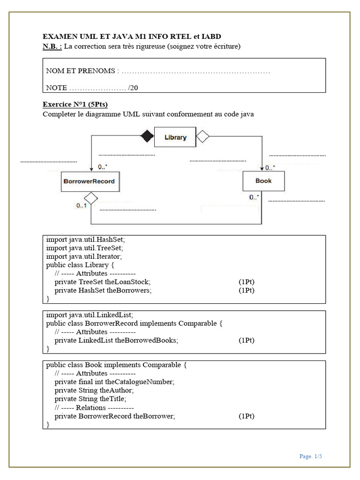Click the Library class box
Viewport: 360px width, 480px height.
[175, 137]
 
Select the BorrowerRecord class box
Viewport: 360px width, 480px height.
[89, 181]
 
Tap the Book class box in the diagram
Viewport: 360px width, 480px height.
[263, 181]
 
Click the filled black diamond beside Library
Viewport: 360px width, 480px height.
[147, 137]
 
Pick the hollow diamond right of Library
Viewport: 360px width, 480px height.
[202, 137]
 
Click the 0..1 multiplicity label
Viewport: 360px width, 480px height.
[81, 205]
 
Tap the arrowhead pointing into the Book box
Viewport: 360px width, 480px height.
[262, 168]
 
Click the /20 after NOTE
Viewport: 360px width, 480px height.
[133, 88]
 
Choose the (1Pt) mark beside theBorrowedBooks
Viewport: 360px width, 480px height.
[246, 340]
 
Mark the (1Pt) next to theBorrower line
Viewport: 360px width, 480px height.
[246, 416]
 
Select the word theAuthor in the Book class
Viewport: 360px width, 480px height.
[117, 390]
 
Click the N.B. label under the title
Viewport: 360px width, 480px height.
[52, 46]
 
